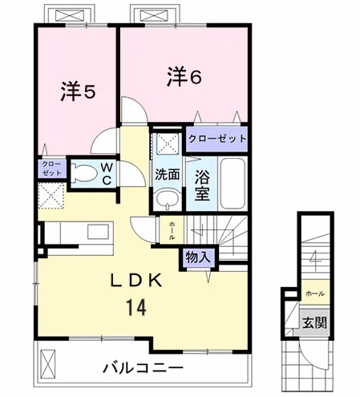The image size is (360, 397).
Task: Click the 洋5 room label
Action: pos(78,91)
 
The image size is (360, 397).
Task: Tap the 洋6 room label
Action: pos(184,76)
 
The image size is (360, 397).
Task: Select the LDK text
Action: pos(136,281)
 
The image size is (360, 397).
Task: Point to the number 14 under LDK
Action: pos(136,307)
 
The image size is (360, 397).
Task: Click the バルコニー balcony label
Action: pos(144,368)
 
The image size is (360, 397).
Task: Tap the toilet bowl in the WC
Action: pos(84,173)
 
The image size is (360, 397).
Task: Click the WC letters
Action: pos(107,174)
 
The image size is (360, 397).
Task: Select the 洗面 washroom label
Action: pos(168,174)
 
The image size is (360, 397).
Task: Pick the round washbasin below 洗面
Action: pos(168,199)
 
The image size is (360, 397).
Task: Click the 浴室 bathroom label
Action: pos(202,184)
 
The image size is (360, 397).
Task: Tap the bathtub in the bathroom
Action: pos(233,184)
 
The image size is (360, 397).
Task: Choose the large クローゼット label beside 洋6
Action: pos(217,139)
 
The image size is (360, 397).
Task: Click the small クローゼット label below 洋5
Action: pos(51,168)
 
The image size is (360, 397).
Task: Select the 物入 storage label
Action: pos(198,257)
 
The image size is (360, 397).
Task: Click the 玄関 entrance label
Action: pos(314,323)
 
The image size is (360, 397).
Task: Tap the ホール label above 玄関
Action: pos(315,294)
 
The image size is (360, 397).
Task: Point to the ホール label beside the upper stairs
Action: pos(172,229)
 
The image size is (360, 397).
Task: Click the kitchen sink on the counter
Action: pos(98,232)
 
